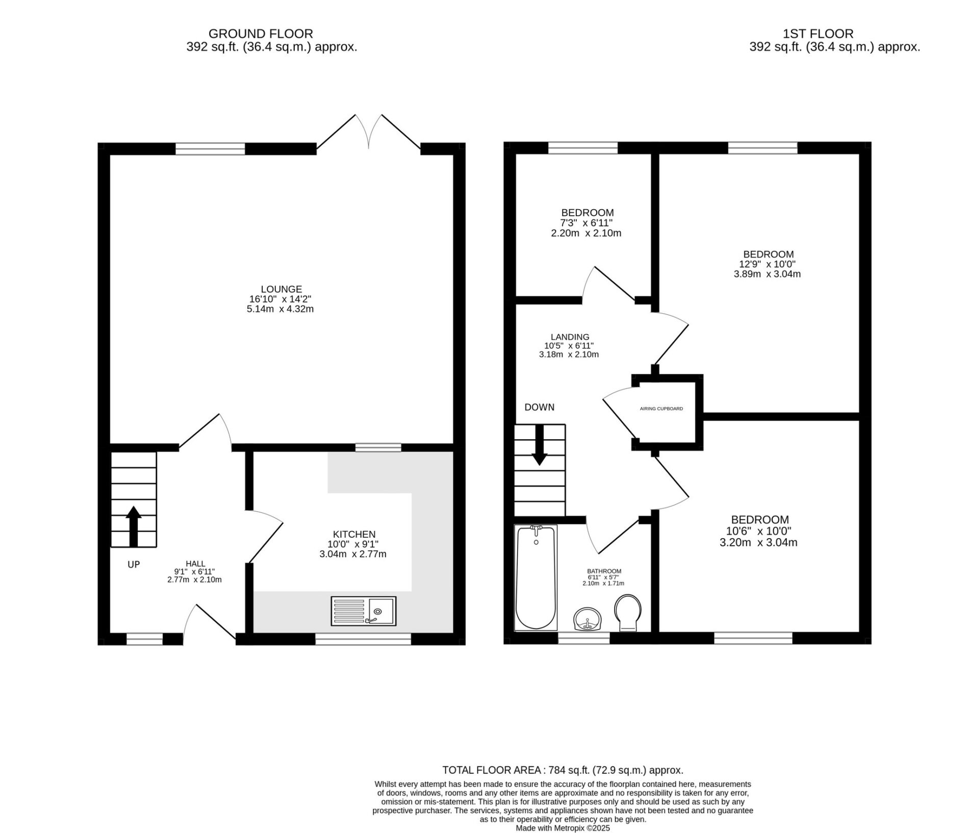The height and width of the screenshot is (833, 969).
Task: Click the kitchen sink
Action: point(363,611)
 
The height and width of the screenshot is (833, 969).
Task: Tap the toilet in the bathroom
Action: point(628,612)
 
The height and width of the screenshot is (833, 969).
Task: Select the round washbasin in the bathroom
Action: point(588,619)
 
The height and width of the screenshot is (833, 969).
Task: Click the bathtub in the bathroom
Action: point(535,577)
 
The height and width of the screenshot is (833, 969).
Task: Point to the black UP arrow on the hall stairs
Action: point(134,526)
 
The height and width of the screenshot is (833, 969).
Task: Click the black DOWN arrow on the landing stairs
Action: point(540,445)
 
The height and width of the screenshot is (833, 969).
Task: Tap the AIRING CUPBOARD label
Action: point(661,409)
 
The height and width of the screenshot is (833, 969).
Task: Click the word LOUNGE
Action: point(281,289)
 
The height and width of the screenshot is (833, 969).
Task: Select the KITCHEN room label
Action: point(354,534)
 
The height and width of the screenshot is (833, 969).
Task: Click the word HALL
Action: point(195,563)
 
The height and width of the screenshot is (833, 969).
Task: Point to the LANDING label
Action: point(570,337)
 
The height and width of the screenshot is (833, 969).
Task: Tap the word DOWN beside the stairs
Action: point(539,407)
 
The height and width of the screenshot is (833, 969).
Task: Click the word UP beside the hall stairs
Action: point(134,564)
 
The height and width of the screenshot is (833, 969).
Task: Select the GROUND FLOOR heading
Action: point(261,34)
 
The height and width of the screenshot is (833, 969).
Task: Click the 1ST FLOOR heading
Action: point(818,34)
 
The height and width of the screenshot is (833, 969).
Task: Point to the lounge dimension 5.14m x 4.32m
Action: point(280,309)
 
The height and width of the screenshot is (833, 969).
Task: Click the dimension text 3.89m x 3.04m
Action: point(767,274)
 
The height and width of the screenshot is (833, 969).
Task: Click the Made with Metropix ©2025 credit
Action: point(563,828)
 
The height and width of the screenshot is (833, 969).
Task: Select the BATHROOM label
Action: point(604,571)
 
